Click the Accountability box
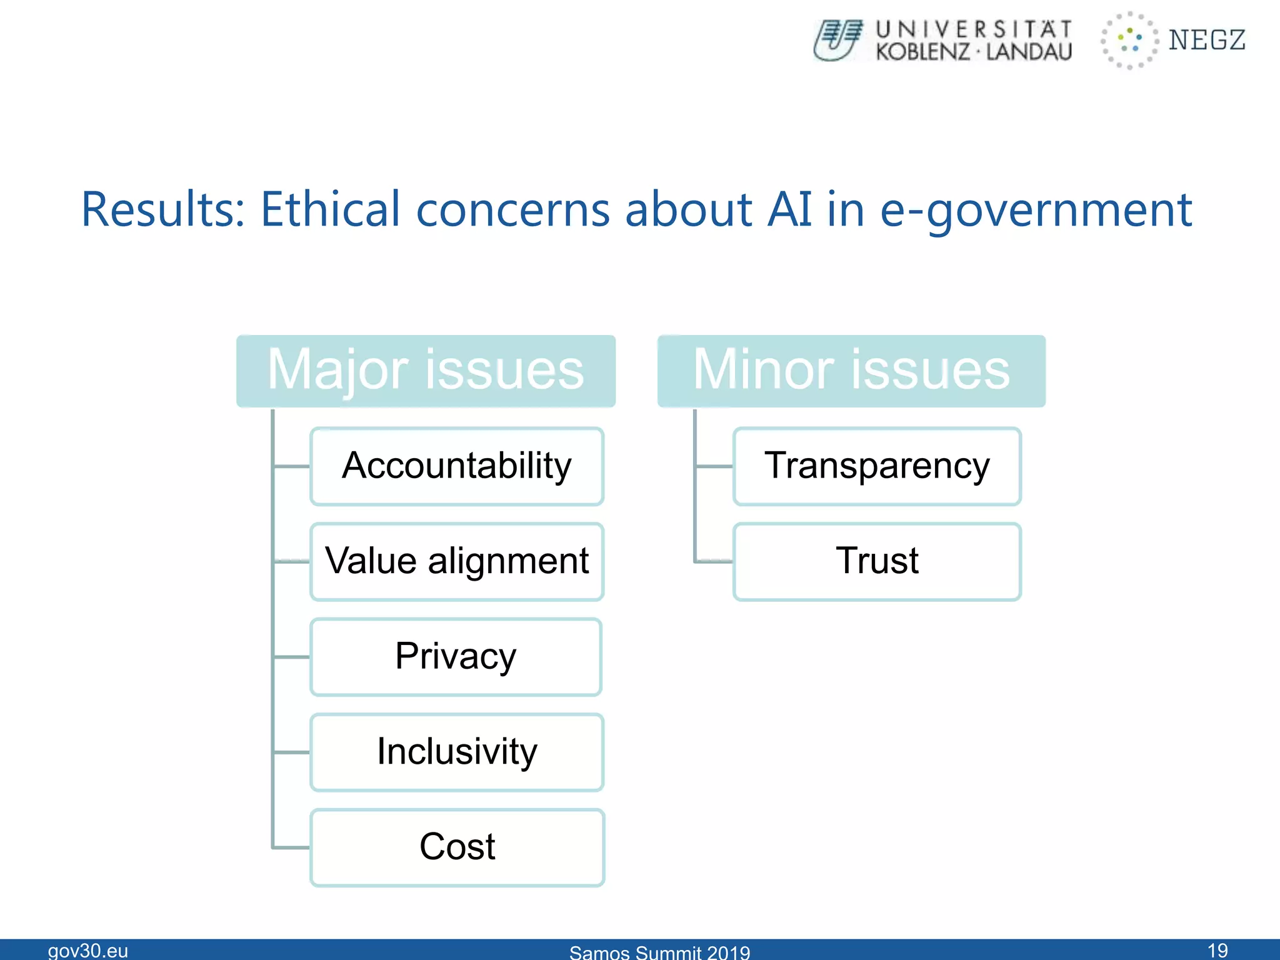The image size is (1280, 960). coord(457,466)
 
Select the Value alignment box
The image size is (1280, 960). coord(457,561)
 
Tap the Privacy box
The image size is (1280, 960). coord(456,657)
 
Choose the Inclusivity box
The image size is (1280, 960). coord(457,752)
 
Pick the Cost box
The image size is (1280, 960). coord(457,847)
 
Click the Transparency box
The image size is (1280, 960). coord(877,466)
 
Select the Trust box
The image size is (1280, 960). coord(877,561)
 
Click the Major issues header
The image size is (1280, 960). coord(426,371)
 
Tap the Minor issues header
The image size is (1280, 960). coord(851,371)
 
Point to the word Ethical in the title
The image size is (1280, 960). coord(329,209)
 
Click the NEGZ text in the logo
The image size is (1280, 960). coord(1207,40)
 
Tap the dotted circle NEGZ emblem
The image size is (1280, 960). coord(1129,40)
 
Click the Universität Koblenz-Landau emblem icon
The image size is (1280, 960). coord(838,40)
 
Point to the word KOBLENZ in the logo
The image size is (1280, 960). coord(922,52)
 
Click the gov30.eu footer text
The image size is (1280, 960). coord(88,951)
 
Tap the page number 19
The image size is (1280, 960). coord(1217,951)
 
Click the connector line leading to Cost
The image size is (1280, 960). coord(291,847)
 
